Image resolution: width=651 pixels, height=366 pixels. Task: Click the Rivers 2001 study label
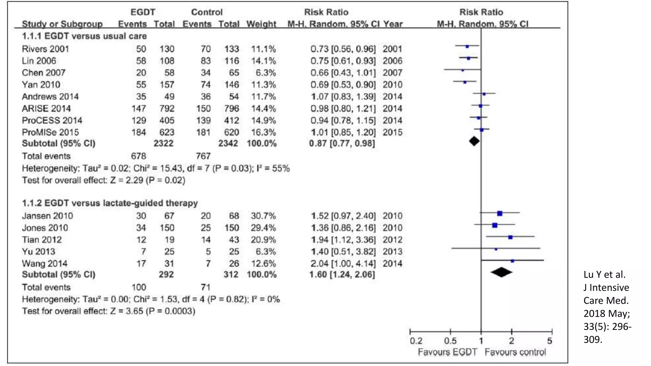tap(45, 49)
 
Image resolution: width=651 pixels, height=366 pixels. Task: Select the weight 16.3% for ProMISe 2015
tap(264, 132)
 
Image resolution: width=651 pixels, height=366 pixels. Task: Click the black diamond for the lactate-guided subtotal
tap(501, 272)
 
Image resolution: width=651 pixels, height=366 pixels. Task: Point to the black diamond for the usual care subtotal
tap(474, 141)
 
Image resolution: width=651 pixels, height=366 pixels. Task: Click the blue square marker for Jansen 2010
tap(499, 213)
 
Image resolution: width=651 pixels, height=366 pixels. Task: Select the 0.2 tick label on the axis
tap(416, 341)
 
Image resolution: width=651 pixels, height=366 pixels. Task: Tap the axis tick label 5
tap(550, 341)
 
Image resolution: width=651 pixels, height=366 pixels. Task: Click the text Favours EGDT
tap(447, 352)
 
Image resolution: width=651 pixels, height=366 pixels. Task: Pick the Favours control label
tap(515, 352)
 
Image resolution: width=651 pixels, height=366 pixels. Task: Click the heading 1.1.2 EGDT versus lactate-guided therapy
tap(110, 203)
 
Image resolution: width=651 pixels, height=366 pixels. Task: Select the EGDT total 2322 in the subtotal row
tap(163, 143)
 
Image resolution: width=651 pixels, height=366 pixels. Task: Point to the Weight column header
tap(261, 24)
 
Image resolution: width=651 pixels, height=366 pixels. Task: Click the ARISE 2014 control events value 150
tap(203, 108)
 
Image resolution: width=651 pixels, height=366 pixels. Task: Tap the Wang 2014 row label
tap(45, 263)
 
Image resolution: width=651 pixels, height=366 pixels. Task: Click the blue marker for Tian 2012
tap(510, 237)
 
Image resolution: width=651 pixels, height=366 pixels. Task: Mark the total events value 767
tap(203, 156)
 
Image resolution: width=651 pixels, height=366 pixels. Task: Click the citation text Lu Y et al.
tap(604, 274)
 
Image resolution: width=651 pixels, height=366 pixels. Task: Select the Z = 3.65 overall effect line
tap(108, 311)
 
